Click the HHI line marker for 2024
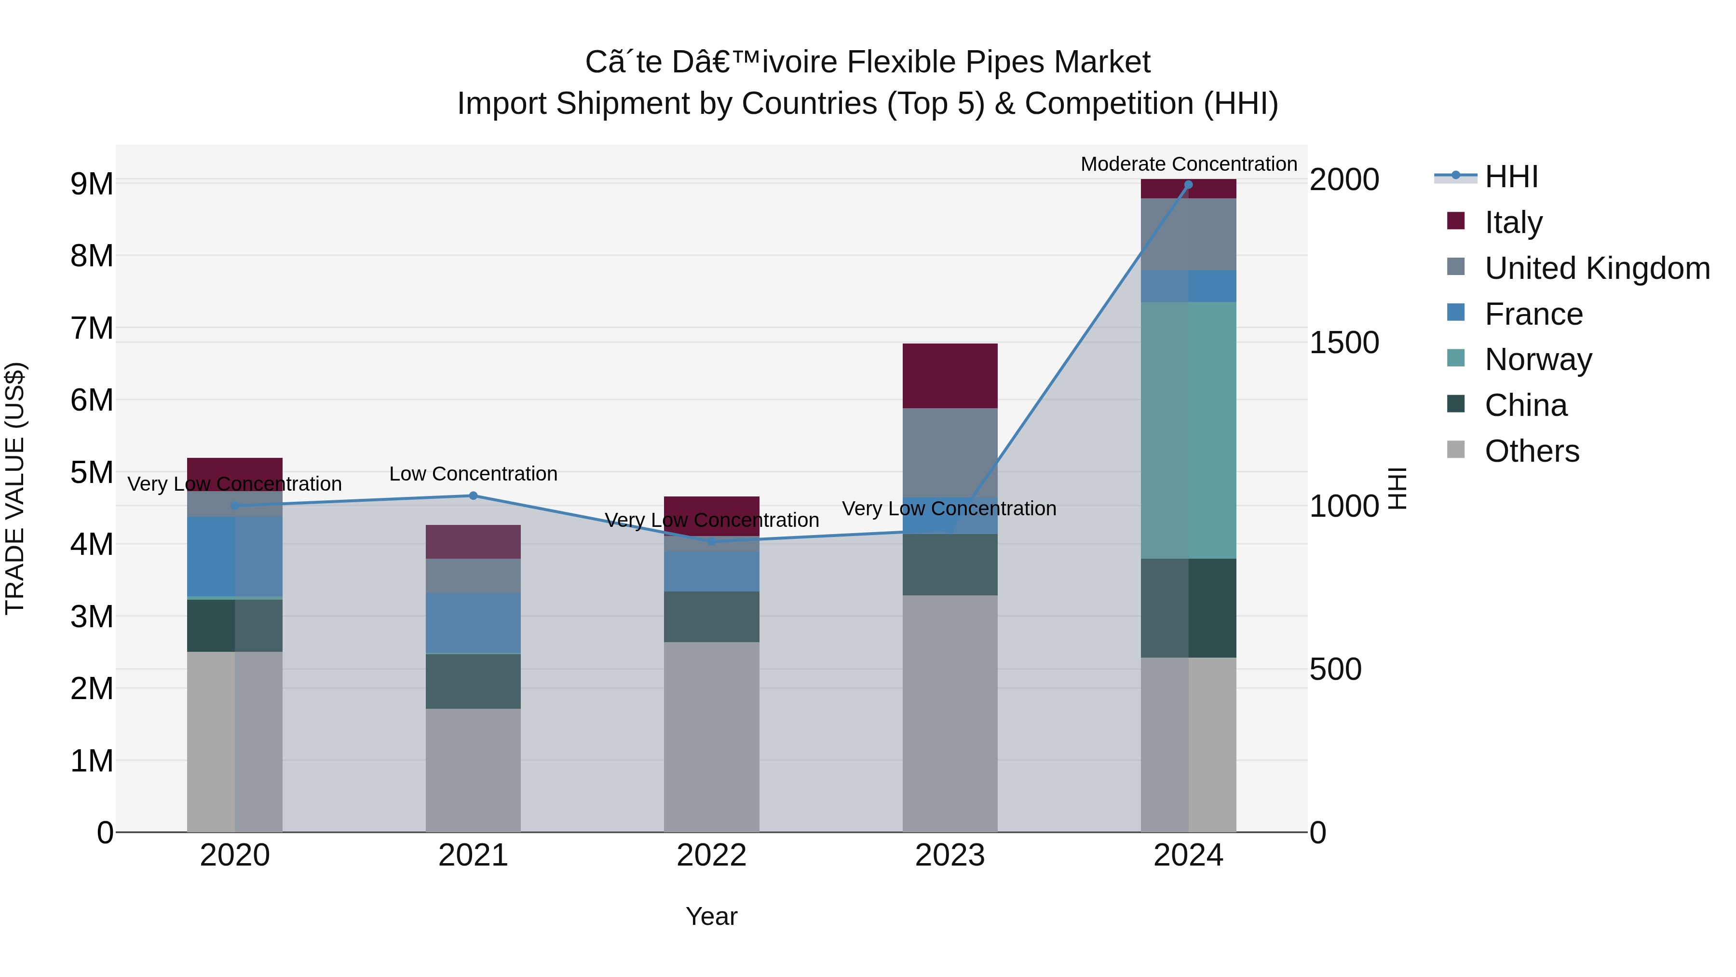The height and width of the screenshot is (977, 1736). pos(1188,185)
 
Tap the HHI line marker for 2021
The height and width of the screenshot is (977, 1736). pos(473,495)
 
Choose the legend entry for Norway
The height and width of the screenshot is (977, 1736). pos(1538,359)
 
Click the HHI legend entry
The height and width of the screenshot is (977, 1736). pos(1511,177)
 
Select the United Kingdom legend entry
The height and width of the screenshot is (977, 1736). pos(1597,268)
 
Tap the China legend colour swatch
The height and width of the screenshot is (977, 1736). pos(1456,405)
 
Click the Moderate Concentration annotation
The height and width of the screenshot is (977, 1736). pos(1188,164)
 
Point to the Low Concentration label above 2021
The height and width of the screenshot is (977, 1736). pos(473,474)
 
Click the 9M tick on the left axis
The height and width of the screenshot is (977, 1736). pos(92,183)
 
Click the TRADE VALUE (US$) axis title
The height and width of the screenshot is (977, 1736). pos(15,488)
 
